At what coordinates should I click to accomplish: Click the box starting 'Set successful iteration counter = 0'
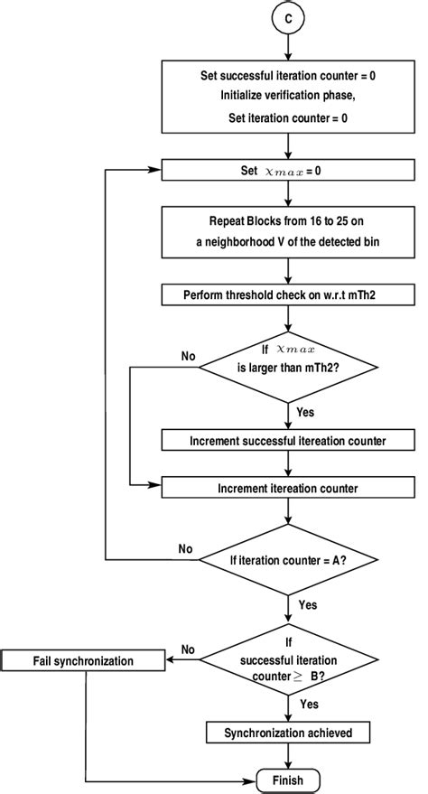[x=287, y=96]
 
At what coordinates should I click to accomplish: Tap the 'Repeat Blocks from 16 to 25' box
[x=287, y=232]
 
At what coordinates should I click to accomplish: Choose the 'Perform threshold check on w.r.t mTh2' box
[x=287, y=294]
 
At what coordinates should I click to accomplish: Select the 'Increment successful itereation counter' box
[x=287, y=440]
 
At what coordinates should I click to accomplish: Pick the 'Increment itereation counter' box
[x=287, y=488]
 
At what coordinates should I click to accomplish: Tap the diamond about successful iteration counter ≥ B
[x=287, y=660]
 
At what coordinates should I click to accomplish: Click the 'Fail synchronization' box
[x=83, y=661]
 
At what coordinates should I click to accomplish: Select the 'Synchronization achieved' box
[x=287, y=733]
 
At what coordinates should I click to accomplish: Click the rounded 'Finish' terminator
[x=287, y=780]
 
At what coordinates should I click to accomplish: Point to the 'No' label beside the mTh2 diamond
[x=188, y=356]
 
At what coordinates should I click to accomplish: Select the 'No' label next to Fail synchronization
[x=189, y=649]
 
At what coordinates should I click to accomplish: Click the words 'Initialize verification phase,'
[x=287, y=96]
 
